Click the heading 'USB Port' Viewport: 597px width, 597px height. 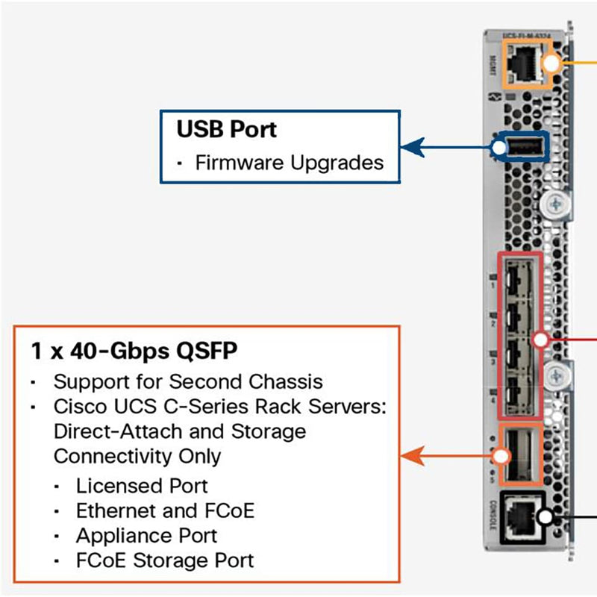(x=226, y=129)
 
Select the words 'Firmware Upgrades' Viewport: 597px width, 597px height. (x=290, y=163)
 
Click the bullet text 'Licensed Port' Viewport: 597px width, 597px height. (x=142, y=486)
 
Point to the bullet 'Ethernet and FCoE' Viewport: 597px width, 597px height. (x=165, y=510)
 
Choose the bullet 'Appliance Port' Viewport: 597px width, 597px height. (x=146, y=535)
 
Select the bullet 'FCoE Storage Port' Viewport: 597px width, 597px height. (x=165, y=560)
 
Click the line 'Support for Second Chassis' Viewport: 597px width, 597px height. (x=188, y=381)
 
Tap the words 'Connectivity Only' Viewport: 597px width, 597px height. (x=137, y=455)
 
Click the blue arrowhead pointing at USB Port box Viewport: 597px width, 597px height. (x=407, y=147)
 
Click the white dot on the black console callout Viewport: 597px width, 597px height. (x=546, y=516)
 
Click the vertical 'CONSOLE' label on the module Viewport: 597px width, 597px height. (x=492, y=516)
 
